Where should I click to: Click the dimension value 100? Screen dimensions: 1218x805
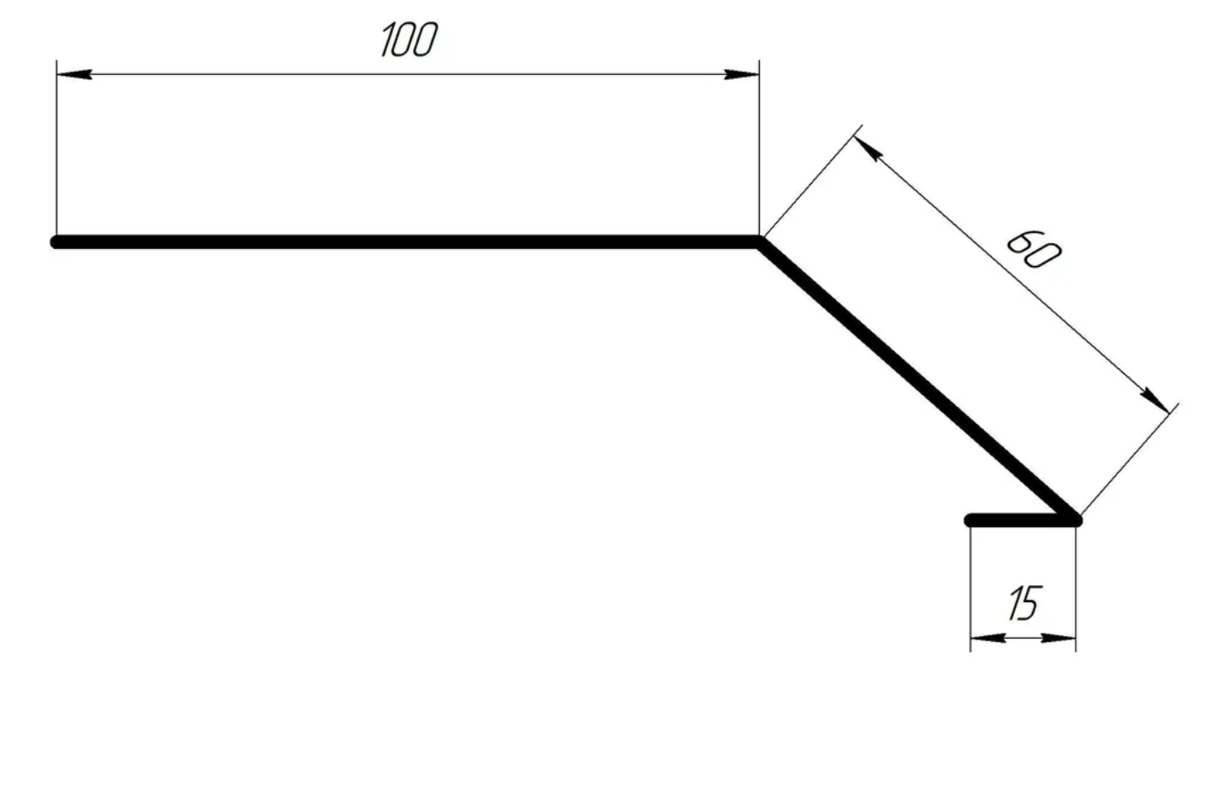(409, 40)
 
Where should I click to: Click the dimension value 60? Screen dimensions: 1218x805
(1033, 250)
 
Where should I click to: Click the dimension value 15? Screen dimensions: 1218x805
(1025, 603)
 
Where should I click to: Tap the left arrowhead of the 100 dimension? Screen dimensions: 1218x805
(74, 74)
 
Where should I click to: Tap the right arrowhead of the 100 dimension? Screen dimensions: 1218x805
(742, 74)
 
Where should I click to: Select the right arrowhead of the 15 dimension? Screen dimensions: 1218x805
(1058, 638)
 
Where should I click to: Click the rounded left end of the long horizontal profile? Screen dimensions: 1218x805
(56, 242)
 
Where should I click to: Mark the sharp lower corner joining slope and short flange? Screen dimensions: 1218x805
(1074, 519)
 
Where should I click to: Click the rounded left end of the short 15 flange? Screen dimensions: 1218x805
(970, 520)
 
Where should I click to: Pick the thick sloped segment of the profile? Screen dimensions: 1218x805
(917, 380)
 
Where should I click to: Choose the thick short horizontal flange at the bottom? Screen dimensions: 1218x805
(1022, 520)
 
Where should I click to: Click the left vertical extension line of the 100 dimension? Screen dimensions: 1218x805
(56, 148)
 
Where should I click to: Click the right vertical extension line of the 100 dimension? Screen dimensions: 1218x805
(759, 148)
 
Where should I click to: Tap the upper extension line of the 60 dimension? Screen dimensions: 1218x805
(812, 181)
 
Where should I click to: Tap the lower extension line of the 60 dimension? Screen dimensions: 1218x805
(1129, 459)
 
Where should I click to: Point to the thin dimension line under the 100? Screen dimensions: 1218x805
(408, 74)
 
